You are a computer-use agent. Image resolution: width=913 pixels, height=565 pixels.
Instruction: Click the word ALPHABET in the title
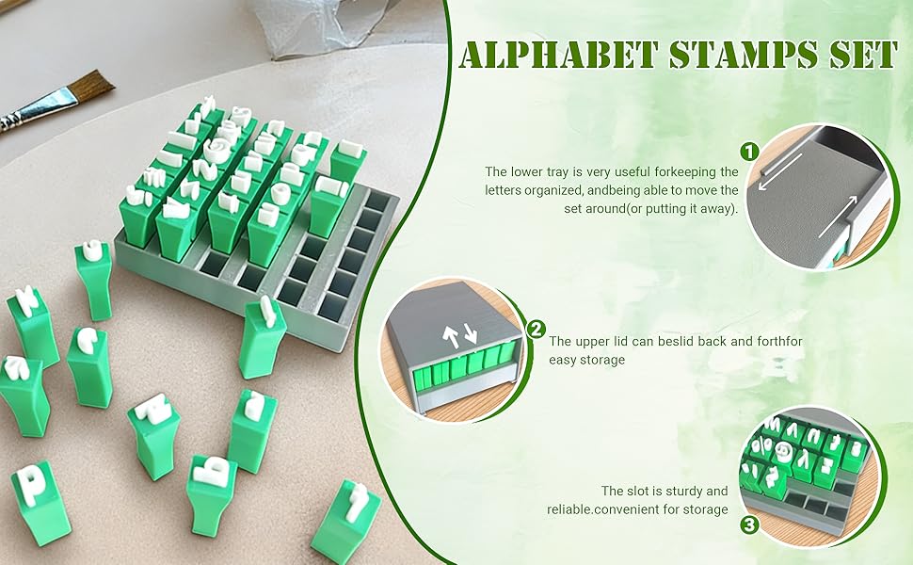click(x=558, y=55)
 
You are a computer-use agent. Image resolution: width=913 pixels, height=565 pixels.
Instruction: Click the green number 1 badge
click(x=749, y=152)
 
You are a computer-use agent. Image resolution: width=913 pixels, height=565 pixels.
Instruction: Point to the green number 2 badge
click(x=536, y=329)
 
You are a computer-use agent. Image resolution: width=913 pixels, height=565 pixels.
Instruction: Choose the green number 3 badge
click(x=750, y=525)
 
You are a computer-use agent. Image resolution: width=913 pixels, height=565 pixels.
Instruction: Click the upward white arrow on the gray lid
click(x=451, y=337)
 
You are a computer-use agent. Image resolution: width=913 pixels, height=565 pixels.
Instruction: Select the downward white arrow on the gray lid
click(x=470, y=332)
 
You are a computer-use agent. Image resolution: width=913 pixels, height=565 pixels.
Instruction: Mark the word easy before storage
click(x=562, y=360)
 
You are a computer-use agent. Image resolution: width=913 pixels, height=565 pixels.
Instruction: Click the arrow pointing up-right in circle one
click(x=839, y=217)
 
